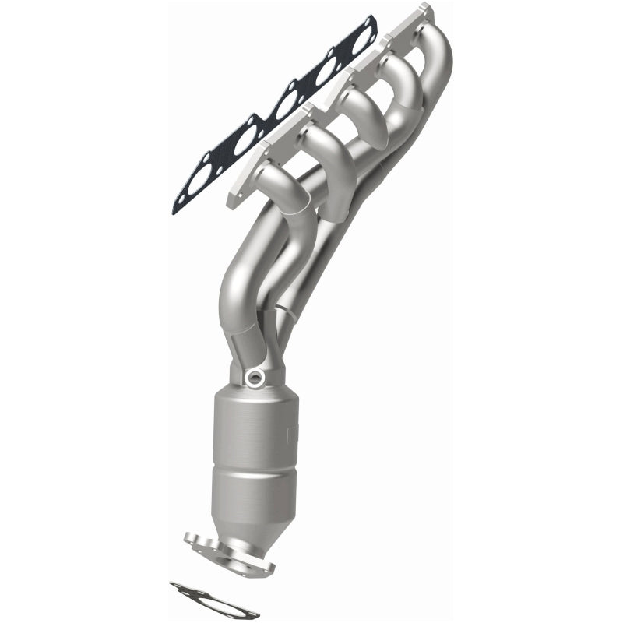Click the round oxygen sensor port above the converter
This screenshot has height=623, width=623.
pos(253,379)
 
